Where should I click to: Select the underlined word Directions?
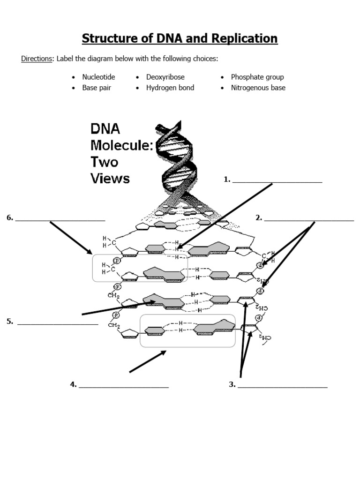click(x=37, y=59)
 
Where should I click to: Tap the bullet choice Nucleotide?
click(x=98, y=77)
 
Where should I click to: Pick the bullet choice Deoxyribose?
click(x=165, y=77)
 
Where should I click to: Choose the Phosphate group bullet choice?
click(x=257, y=77)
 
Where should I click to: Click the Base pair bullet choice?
click(x=97, y=88)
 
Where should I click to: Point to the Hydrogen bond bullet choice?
click(x=170, y=88)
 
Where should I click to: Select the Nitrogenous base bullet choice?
click(x=258, y=88)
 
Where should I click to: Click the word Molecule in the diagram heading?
click(x=121, y=145)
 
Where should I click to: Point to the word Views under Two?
click(x=110, y=178)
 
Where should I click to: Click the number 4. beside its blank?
click(x=73, y=385)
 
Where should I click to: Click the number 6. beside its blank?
click(x=9, y=217)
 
